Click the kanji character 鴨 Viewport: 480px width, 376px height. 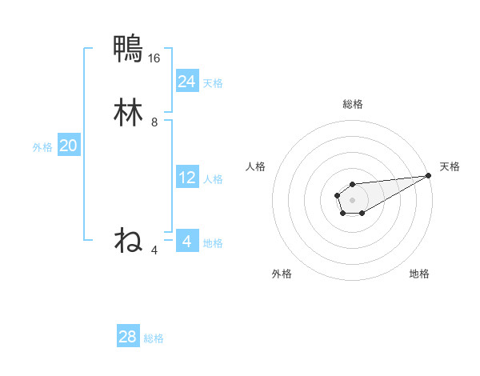tap(128, 48)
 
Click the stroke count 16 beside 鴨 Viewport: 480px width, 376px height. tap(154, 58)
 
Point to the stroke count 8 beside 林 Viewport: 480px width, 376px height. tap(154, 123)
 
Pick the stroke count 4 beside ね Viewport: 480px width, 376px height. tap(154, 250)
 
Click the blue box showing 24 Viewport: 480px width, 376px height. tap(187, 81)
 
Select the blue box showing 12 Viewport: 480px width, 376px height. tap(187, 178)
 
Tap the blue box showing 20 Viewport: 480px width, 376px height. tap(69, 146)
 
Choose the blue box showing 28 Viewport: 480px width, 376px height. tap(128, 337)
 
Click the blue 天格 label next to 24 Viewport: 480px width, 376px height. tap(213, 82)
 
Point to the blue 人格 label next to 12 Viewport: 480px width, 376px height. tap(213, 179)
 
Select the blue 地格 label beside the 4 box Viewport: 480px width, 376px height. tap(213, 243)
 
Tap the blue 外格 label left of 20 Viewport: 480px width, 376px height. tap(42, 147)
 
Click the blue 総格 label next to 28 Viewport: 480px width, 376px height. tap(154, 338)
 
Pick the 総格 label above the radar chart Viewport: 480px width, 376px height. tap(353, 104)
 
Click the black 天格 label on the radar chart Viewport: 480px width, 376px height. tap(450, 166)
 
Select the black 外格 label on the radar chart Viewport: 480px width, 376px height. tap(282, 274)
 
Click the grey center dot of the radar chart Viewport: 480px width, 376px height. tap(353, 198)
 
